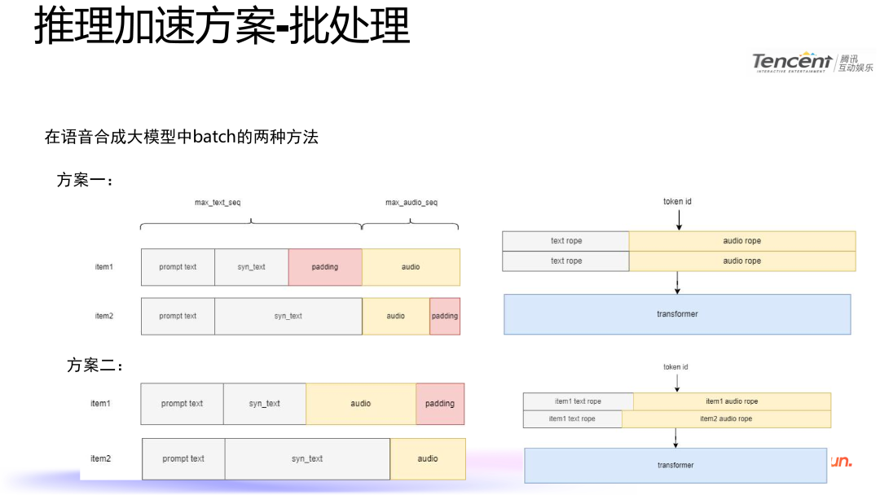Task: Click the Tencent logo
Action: [812, 62]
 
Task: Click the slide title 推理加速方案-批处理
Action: [222, 26]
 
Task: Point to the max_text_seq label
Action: [218, 202]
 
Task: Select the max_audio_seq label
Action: [411, 202]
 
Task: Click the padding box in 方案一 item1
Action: [325, 267]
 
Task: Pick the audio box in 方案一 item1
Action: [411, 267]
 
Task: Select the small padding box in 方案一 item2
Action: [445, 316]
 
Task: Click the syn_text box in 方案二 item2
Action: [307, 458]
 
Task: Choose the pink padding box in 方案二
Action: [440, 404]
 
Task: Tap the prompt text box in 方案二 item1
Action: [182, 404]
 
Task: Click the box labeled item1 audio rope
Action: [732, 401]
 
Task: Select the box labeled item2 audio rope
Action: [726, 418]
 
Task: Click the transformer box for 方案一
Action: [677, 314]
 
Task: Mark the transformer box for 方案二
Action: [675, 465]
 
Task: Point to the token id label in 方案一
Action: [677, 202]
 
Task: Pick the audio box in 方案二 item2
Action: [428, 458]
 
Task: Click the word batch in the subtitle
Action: [212, 137]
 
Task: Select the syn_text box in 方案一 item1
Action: [252, 267]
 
